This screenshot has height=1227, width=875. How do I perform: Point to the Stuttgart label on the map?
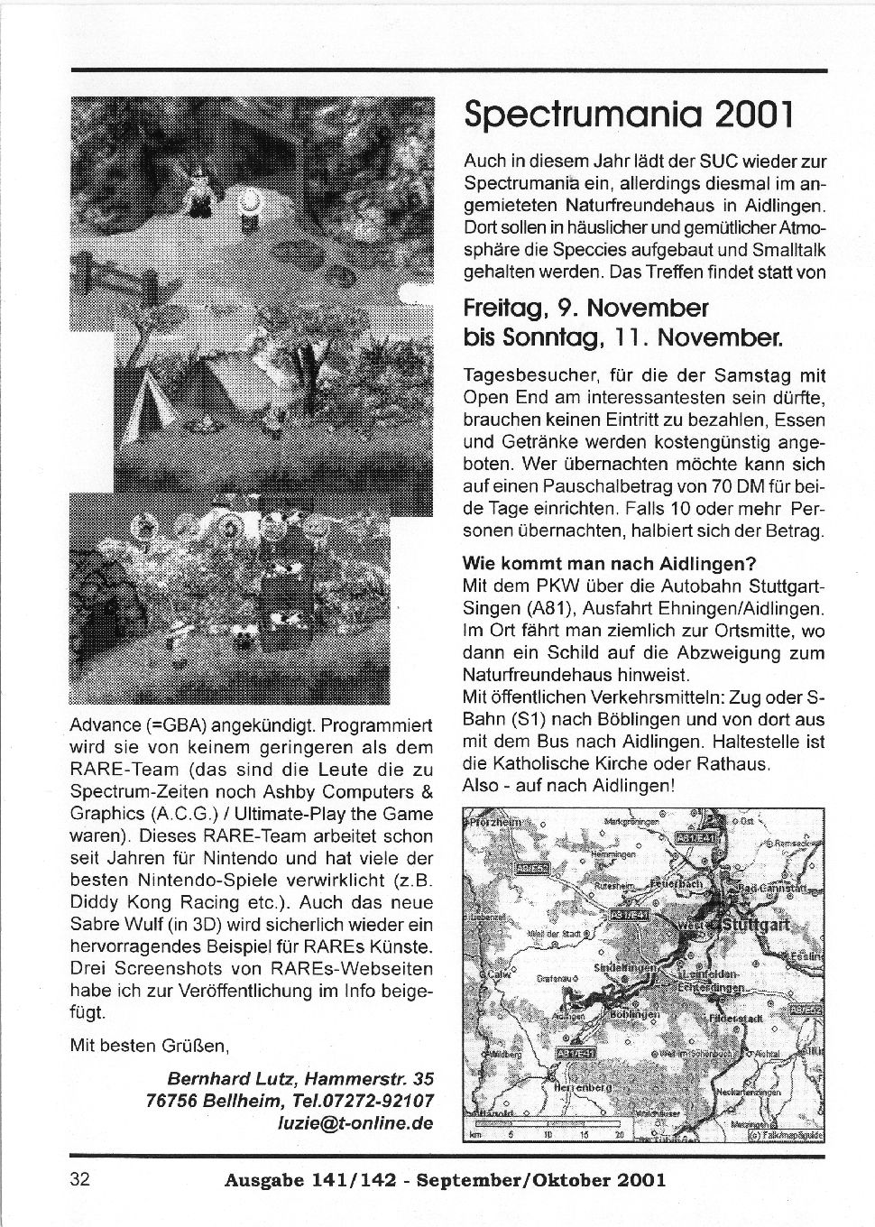click(756, 925)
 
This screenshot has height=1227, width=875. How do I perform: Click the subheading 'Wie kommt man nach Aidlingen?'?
click(609, 565)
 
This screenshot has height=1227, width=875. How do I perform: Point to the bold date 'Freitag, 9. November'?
click(585, 308)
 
